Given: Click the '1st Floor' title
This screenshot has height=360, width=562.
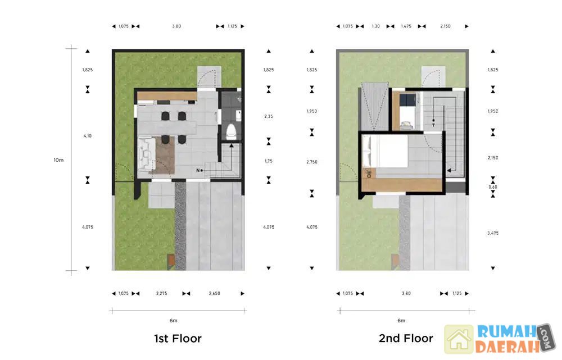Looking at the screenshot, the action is pos(178,339).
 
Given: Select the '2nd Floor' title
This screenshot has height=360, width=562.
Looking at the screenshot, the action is pos(406,338).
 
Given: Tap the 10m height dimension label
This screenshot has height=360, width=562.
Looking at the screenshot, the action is pos(59,160).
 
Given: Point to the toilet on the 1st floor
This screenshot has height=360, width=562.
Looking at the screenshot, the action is pos(231,131).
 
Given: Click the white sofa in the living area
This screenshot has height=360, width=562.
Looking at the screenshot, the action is pos(146,154).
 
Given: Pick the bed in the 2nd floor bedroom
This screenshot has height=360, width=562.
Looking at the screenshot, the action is pos(384,151).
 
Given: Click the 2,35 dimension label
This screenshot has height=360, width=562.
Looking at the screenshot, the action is pos(269,116).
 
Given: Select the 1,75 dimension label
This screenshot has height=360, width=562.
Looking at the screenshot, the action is pos(269,161).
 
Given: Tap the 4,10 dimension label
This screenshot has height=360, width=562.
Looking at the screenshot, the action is pos(88,136).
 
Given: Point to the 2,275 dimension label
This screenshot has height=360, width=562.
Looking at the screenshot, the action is pos(162,293).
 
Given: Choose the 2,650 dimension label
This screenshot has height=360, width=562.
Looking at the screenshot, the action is pos(214,293).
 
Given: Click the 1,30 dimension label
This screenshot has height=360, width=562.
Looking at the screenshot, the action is pos(375,26).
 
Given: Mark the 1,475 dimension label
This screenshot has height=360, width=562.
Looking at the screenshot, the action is pos(406,26).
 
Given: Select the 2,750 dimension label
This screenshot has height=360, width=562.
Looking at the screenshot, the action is pos(312,162).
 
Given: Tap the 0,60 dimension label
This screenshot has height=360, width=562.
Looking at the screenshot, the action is pos(493,187).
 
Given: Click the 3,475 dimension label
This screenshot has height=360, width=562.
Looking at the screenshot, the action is pos(493,233).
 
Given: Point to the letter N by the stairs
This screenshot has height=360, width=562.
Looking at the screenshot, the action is pos(198,171).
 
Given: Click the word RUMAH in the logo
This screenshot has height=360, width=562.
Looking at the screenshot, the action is pos(507,332).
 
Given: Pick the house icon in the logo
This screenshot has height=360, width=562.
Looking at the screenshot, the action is pos(459,339).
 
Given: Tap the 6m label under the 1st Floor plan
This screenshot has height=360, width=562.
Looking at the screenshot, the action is pos(174,321).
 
